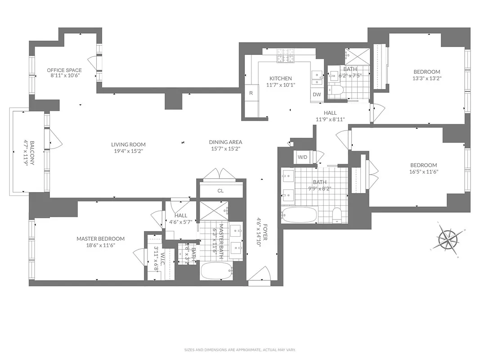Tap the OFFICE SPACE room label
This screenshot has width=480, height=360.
point(65,70)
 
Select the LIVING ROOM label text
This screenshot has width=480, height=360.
point(129,144)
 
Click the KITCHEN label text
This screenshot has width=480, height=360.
point(281,78)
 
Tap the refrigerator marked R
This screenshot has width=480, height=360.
point(251,94)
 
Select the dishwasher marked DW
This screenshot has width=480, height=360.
point(317,94)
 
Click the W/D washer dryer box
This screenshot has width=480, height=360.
point(302,157)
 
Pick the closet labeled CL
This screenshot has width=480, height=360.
point(220,190)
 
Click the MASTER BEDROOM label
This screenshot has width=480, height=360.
point(100,238)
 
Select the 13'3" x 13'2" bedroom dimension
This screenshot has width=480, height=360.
point(427,78)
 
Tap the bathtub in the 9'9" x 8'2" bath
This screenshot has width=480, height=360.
point(299,215)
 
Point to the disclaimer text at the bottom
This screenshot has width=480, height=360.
point(240,350)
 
